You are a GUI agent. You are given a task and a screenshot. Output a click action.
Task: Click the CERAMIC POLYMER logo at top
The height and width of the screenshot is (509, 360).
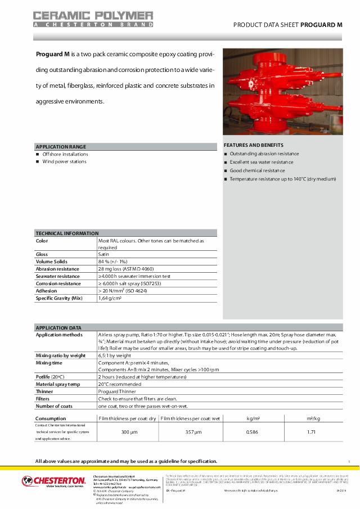[x=93, y=18]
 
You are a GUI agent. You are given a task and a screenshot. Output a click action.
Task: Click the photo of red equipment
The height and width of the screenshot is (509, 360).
[x=282, y=92]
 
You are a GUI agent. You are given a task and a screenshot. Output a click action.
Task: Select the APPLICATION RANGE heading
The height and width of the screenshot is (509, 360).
[x=61, y=146]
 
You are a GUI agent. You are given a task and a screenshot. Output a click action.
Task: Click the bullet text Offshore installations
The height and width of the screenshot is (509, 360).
[x=65, y=154]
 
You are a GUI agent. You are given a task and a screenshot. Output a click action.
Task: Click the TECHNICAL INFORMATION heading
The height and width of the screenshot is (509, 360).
[x=67, y=233]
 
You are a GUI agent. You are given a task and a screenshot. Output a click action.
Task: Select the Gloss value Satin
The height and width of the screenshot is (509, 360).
[x=103, y=254]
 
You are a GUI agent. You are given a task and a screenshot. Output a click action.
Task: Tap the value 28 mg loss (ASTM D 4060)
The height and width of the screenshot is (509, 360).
[x=125, y=269]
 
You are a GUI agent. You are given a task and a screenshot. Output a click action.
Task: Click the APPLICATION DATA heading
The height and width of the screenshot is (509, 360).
[x=58, y=327]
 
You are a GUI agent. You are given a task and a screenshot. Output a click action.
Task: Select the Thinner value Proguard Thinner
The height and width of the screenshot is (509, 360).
[x=117, y=391]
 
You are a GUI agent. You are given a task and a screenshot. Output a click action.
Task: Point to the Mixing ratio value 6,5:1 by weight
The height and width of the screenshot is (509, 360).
[x=114, y=355]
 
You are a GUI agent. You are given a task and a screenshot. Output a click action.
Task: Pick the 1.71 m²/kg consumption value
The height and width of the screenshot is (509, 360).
[x=311, y=432]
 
